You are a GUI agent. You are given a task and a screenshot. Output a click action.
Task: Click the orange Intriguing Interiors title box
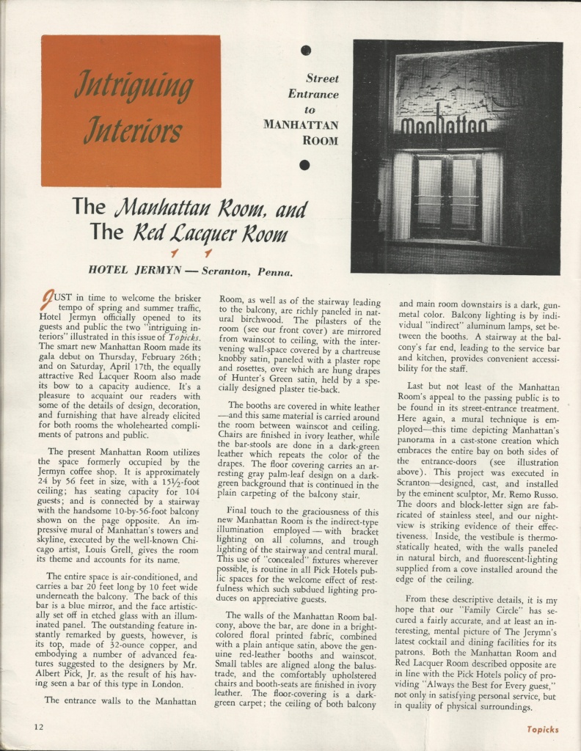(x=131, y=111)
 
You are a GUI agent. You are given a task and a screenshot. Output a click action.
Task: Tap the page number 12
(x=37, y=727)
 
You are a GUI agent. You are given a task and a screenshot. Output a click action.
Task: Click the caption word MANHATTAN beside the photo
(x=301, y=125)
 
